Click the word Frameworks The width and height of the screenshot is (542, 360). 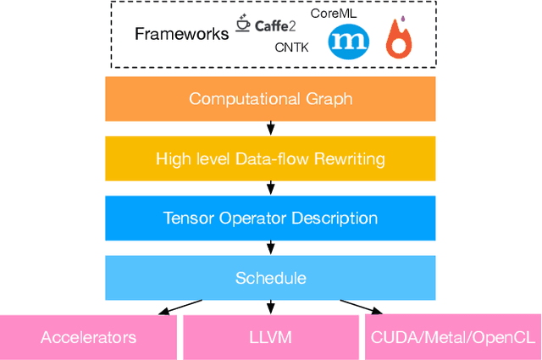pyautogui.click(x=181, y=34)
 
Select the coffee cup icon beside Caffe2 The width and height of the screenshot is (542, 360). pyautogui.click(x=243, y=26)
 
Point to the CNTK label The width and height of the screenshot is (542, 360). pyautogui.click(x=291, y=48)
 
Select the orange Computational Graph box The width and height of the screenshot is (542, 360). pyautogui.click(x=270, y=98)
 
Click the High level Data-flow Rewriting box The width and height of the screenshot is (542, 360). pyautogui.click(x=270, y=158)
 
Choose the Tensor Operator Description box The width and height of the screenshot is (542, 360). pyautogui.click(x=270, y=218)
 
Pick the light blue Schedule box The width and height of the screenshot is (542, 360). pyautogui.click(x=270, y=277)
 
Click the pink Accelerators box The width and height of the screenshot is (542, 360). pyautogui.click(x=88, y=337)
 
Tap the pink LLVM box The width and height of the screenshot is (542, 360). pyautogui.click(x=270, y=337)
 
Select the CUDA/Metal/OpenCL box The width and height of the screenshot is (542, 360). pyautogui.click(x=453, y=337)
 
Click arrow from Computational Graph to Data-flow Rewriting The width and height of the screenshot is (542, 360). pyautogui.click(x=270, y=128)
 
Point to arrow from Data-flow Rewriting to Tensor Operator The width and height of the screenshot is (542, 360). pyautogui.click(x=270, y=188)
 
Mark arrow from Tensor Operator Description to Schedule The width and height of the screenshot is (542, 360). pyautogui.click(x=270, y=247)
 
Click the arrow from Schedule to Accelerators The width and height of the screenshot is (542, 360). pyautogui.click(x=180, y=307)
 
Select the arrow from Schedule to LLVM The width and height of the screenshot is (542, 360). pyautogui.click(x=270, y=307)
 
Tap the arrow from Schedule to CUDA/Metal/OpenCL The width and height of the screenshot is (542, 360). pyautogui.click(x=360, y=307)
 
